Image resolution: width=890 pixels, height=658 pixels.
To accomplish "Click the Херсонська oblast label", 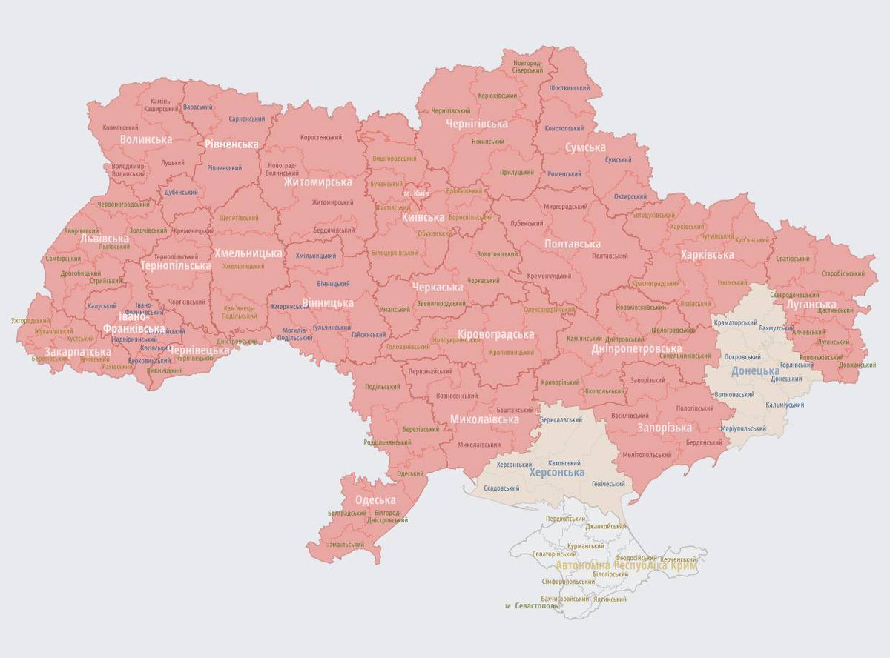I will (556, 472).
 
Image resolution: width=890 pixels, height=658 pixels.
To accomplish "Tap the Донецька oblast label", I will (755, 370).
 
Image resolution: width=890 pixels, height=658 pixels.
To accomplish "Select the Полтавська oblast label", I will (572, 244).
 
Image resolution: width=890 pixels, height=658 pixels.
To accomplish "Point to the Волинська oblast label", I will (146, 139).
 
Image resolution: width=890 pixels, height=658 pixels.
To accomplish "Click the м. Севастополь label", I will (532, 605).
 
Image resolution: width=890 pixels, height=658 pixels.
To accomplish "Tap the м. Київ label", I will (417, 193).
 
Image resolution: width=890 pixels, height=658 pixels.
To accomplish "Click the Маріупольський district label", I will (743, 428).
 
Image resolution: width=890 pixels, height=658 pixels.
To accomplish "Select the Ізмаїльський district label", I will (345, 544).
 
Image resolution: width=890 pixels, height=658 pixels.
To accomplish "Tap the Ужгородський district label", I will (30, 321).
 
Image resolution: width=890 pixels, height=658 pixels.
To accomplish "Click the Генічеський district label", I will (608, 483).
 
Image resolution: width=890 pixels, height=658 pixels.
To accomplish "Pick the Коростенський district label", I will (321, 138).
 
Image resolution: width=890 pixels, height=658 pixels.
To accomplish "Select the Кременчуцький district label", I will (549, 276).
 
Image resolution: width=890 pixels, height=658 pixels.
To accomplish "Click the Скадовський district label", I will (501, 488).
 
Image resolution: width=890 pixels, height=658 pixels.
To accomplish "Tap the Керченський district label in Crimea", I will (677, 559).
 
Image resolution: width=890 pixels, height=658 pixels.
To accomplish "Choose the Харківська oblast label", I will (707, 255).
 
